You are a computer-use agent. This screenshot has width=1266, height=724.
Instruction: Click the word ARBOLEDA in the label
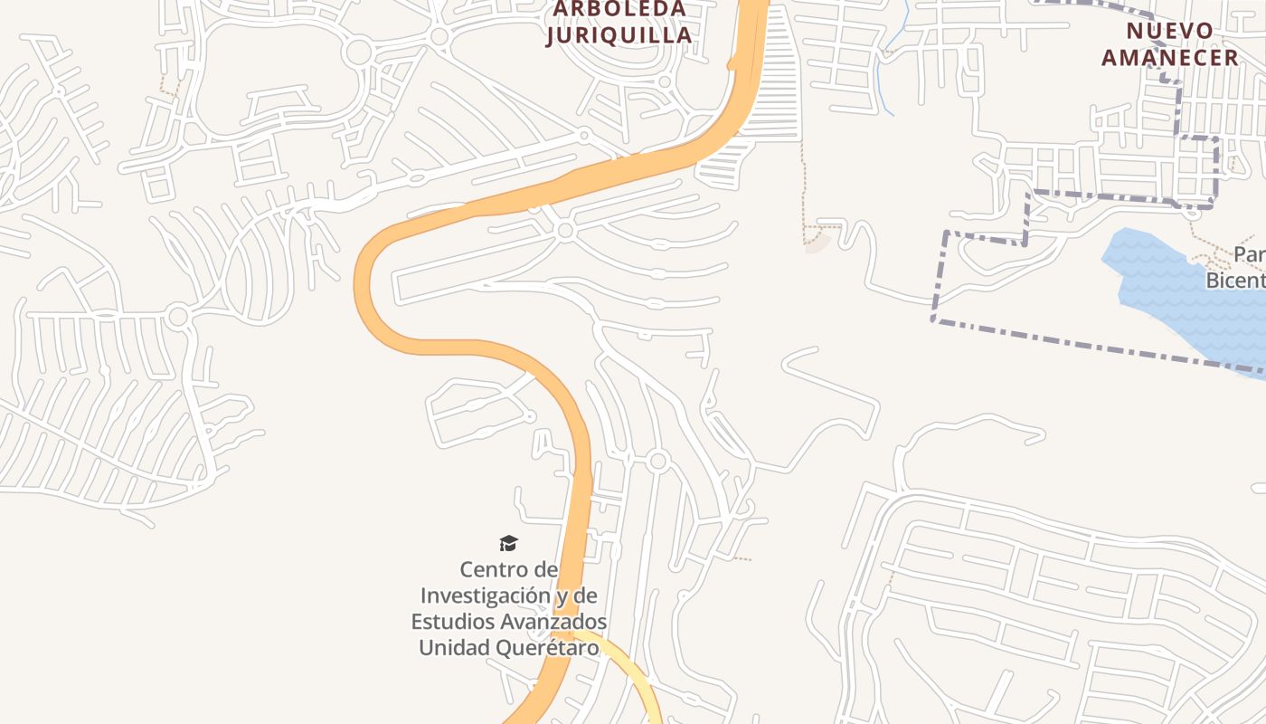(x=619, y=9)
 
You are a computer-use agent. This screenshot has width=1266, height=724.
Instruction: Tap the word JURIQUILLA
(x=619, y=35)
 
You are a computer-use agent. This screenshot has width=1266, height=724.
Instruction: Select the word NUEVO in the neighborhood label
(x=1169, y=31)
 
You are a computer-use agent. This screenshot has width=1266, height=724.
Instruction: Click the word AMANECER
(x=1169, y=57)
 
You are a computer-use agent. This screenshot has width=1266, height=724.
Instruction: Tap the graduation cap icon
(x=508, y=543)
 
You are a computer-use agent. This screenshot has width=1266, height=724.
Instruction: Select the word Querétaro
(x=552, y=648)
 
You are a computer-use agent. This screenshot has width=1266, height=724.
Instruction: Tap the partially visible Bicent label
(x=1236, y=281)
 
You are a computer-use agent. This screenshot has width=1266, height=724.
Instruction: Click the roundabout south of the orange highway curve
(x=566, y=231)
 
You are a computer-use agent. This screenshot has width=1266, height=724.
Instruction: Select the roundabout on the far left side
(x=178, y=317)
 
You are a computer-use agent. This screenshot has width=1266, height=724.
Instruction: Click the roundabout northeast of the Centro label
(x=657, y=462)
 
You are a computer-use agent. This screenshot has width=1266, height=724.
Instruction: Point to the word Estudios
(x=453, y=622)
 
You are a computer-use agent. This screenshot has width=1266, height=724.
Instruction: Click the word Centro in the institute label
(x=496, y=569)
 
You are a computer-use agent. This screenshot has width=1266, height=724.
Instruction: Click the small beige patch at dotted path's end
(x=817, y=243)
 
